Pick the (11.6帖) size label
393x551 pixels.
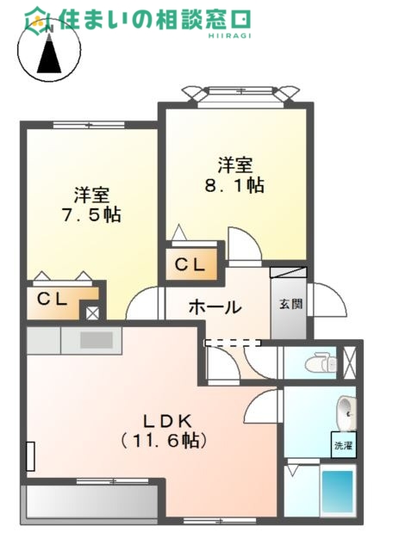pos(165,440)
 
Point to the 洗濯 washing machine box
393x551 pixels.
pos(344,446)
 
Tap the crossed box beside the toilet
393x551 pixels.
pos(350,362)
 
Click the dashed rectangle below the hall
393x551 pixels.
pos(230,343)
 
